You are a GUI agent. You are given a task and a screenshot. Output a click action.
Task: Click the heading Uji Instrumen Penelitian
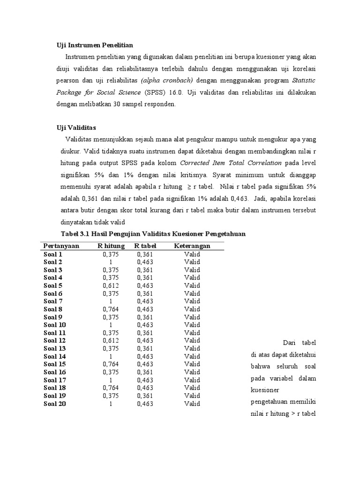click(95, 45)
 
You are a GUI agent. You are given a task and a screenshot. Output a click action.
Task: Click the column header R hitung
click(111, 246)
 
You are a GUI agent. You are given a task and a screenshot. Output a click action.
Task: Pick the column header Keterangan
click(192, 246)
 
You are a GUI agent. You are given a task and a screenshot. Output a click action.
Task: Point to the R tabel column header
click(145, 246)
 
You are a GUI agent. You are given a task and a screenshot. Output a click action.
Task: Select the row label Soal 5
click(53, 285)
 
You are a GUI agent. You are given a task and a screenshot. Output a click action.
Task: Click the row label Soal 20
click(55, 404)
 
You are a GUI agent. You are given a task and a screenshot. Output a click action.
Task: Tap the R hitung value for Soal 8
click(111, 309)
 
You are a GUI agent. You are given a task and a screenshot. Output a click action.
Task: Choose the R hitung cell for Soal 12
click(111, 340)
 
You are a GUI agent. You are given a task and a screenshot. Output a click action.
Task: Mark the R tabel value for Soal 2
click(145, 262)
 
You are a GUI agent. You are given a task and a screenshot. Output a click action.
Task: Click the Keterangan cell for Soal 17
click(192, 380)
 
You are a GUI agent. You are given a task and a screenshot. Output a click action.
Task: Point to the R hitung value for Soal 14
click(111, 356)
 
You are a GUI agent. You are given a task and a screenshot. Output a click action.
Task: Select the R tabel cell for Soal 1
click(145, 254)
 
